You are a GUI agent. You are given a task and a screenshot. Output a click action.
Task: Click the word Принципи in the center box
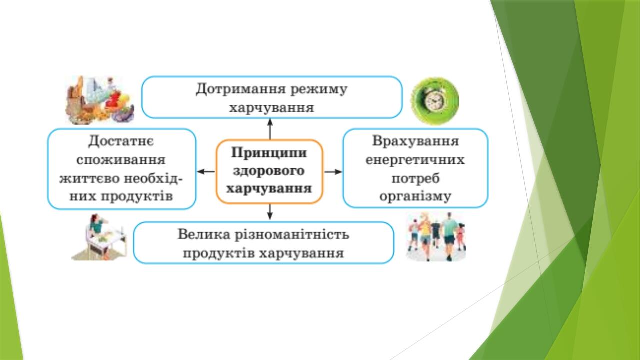[269, 153]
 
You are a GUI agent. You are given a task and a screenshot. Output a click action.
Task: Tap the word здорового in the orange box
[269, 171]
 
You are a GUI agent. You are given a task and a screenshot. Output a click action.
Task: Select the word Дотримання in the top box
[240, 89]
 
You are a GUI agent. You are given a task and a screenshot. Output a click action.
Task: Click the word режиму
[319, 90]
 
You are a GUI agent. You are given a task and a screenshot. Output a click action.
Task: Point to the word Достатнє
[121, 141]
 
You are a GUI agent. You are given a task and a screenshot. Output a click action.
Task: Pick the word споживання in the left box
[121, 160]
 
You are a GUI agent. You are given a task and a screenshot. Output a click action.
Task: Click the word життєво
[89, 179]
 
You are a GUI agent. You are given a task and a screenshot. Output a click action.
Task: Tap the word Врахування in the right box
[415, 141]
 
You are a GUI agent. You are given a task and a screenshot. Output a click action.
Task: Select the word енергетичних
[415, 160]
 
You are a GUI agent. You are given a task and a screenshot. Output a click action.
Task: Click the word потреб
[415, 179]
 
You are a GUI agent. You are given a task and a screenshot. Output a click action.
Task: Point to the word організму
[415, 197]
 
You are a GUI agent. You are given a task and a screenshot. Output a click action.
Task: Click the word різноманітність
[292, 235]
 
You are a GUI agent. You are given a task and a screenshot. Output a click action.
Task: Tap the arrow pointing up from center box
[270, 129]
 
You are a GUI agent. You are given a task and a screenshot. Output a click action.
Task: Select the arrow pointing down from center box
[270, 211]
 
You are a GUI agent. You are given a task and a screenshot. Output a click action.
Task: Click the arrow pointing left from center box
[206, 171]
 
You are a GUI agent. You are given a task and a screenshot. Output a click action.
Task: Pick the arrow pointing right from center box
[333, 171]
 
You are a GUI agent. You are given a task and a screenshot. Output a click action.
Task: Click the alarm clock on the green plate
[434, 101]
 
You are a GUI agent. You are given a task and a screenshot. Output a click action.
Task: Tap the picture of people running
[436, 237]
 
